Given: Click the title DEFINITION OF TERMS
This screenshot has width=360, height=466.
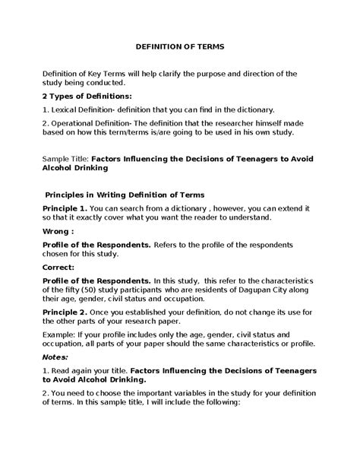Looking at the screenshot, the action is [x=179, y=46].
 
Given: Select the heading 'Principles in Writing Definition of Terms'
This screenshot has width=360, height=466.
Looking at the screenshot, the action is [x=125, y=194].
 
